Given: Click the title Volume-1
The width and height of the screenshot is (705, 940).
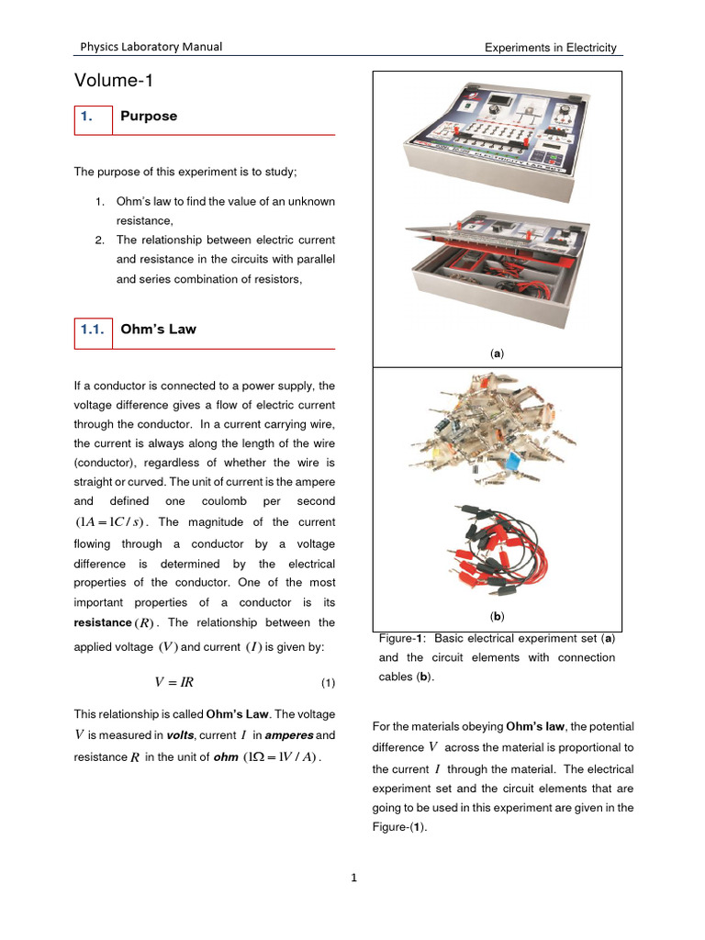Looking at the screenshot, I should (x=113, y=82).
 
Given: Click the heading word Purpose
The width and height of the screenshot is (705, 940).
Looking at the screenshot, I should (x=148, y=117).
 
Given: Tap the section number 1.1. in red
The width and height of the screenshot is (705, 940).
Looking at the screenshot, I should (x=91, y=330).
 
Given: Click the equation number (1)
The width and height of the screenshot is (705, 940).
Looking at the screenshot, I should (x=328, y=683).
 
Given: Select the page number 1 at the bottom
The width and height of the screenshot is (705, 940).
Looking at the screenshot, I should (x=352, y=878).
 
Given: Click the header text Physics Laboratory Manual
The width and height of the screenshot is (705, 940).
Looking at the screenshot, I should (x=151, y=48).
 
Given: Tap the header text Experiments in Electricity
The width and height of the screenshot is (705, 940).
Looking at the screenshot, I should (x=550, y=48).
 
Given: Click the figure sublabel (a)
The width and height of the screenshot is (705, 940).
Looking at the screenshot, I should (x=497, y=352).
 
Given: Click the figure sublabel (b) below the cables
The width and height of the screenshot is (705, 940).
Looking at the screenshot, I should (x=497, y=616).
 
